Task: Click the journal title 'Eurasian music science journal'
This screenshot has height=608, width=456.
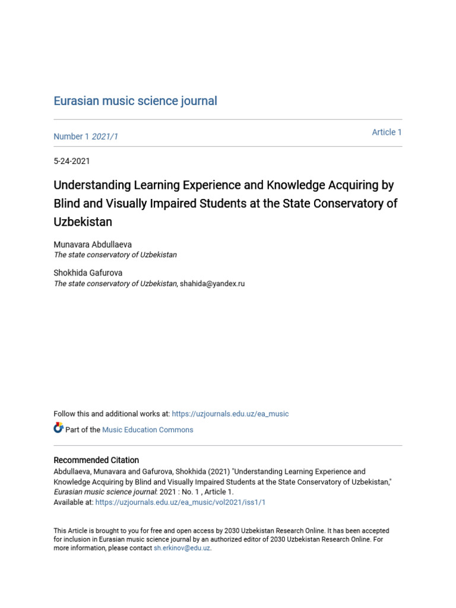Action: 135,101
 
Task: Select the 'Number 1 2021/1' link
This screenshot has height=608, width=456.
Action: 86,137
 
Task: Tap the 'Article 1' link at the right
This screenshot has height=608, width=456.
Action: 387,132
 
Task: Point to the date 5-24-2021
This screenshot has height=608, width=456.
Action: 72,161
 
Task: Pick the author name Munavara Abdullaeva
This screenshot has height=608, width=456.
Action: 92,244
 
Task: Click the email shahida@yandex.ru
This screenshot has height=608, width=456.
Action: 213,284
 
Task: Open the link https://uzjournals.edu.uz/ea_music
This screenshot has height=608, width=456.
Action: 230,414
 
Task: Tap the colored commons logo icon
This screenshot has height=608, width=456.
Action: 58,427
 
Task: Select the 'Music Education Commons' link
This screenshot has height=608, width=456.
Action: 148,430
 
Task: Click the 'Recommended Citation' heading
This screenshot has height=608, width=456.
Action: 96,460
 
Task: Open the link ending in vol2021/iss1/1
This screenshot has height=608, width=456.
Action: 180,502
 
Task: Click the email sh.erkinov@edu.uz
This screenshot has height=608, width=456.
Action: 182,548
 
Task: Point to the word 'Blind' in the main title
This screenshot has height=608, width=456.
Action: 68,203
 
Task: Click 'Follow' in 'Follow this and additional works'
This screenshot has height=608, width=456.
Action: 65,414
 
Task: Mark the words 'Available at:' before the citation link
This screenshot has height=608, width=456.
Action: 74,502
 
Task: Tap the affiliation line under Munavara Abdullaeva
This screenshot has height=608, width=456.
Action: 115,255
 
